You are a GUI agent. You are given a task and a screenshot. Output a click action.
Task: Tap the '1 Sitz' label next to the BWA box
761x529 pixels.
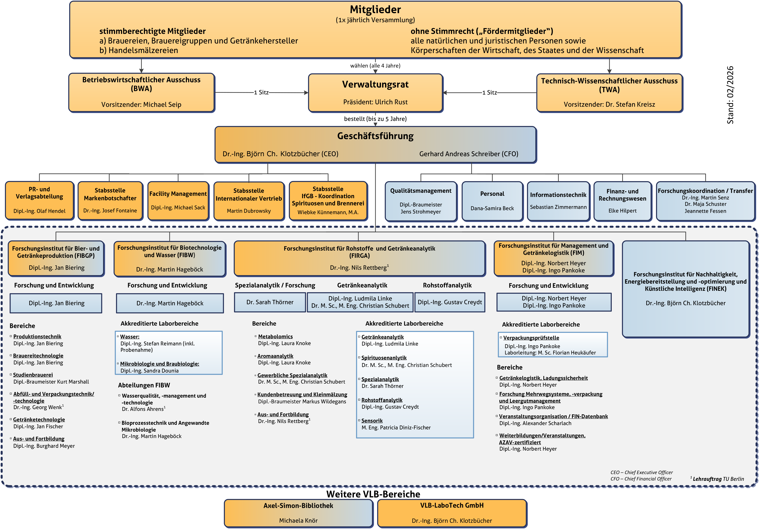(261, 92)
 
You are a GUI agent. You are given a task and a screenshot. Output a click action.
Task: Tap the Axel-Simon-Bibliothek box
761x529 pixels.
(298, 513)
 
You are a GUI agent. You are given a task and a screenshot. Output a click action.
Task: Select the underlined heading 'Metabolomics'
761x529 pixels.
(276, 337)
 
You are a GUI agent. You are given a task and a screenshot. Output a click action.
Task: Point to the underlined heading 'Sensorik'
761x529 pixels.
(372, 421)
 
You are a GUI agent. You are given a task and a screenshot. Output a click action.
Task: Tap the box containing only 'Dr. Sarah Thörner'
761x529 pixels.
(270, 302)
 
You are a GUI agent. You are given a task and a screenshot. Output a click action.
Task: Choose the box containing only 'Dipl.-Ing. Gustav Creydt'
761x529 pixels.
(450, 302)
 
